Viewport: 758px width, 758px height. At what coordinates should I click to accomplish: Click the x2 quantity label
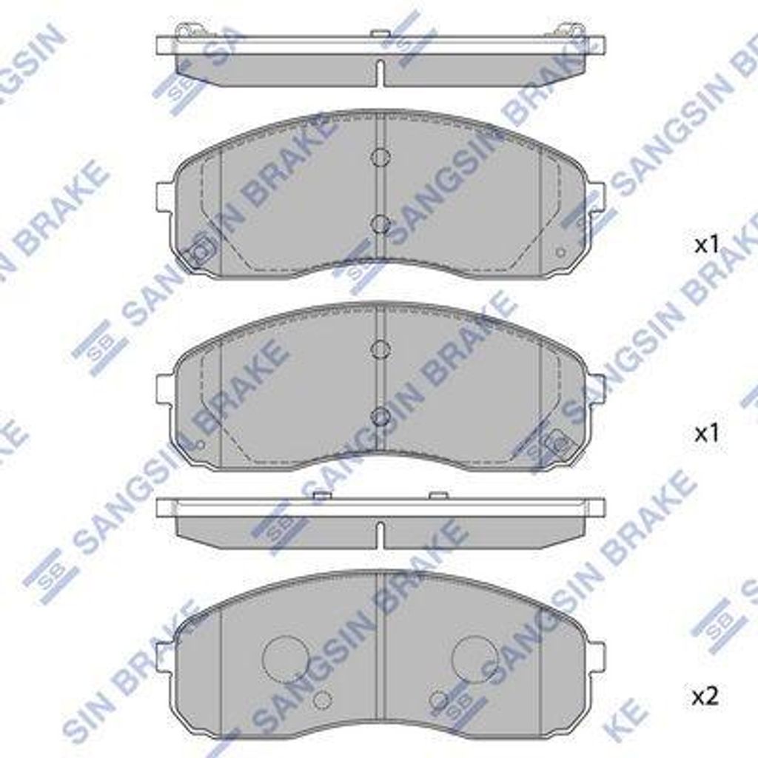(x=705, y=696)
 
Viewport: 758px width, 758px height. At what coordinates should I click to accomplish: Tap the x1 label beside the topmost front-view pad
(x=707, y=246)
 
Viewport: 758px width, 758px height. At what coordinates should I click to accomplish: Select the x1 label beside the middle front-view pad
(x=707, y=434)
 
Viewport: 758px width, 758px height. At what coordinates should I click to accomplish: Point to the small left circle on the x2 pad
(x=322, y=700)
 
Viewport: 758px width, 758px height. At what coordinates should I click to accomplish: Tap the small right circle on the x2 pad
(x=439, y=700)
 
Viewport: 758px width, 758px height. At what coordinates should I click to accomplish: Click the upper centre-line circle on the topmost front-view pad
(x=380, y=157)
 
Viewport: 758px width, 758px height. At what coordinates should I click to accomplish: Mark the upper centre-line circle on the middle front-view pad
(x=380, y=349)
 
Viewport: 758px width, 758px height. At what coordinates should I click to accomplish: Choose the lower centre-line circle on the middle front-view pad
(x=380, y=416)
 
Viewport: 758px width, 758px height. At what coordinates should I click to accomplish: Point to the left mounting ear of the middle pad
(x=164, y=388)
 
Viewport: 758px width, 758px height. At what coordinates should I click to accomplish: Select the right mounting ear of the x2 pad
(x=597, y=657)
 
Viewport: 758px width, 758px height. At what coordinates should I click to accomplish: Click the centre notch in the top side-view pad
(x=379, y=73)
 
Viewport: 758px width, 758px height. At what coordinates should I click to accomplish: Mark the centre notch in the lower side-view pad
(x=379, y=534)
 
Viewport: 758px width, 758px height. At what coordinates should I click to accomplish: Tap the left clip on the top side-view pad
(x=190, y=30)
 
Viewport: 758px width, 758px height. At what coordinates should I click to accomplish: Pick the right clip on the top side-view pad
(x=570, y=30)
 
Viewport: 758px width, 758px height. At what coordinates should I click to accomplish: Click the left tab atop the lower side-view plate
(x=321, y=494)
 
